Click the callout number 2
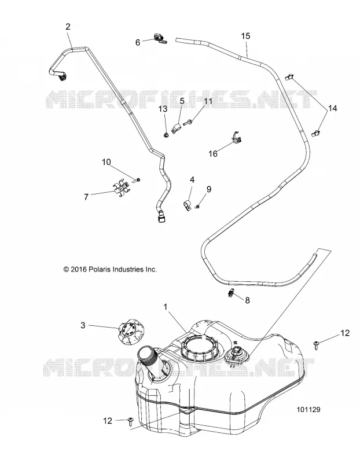tap(68, 27)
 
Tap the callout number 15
tap(245, 36)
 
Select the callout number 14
tap(332, 108)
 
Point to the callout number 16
tap(213, 153)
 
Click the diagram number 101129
tap(308, 410)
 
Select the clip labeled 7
tap(121, 189)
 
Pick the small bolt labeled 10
tap(137, 180)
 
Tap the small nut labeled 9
tap(199, 207)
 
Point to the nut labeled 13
tap(166, 135)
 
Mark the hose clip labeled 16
tap(236, 137)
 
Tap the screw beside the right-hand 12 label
tap(316, 344)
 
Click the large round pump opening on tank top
tap(200, 348)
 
